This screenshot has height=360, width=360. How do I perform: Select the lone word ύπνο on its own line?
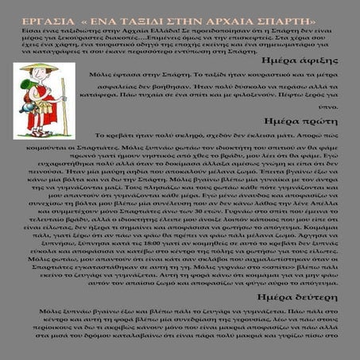(x=343, y=104)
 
